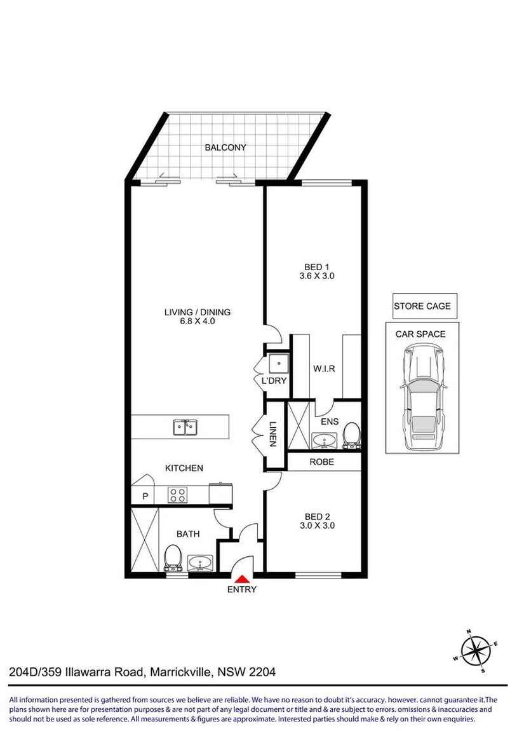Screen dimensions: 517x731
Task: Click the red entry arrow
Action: pyautogui.click(x=242, y=579)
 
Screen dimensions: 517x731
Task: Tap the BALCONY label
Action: pyautogui.click(x=225, y=147)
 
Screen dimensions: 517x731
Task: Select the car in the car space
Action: pyautogui.click(x=422, y=397)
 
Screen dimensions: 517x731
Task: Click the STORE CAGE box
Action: pyautogui.click(x=422, y=306)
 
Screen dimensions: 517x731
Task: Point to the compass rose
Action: pyautogui.click(x=476, y=651)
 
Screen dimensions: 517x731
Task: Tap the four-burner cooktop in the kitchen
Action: pyautogui.click(x=177, y=495)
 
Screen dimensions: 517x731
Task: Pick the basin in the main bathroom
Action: pyautogui.click(x=200, y=563)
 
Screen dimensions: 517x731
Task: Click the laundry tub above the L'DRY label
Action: pyautogui.click(x=279, y=363)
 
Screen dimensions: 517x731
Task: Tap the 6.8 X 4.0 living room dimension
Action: pyautogui.click(x=198, y=321)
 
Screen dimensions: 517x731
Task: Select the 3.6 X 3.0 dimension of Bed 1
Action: pyautogui.click(x=317, y=276)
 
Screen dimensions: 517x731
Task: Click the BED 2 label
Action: pyautogui.click(x=317, y=517)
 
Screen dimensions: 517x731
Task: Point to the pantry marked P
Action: pyautogui.click(x=145, y=496)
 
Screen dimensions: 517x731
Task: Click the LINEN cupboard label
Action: pyautogui.click(x=273, y=434)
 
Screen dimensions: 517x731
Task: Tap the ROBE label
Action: pyautogui.click(x=322, y=462)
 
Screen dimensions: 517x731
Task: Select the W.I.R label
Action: pyautogui.click(x=324, y=369)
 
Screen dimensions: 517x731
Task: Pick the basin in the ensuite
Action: pyautogui.click(x=324, y=440)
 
